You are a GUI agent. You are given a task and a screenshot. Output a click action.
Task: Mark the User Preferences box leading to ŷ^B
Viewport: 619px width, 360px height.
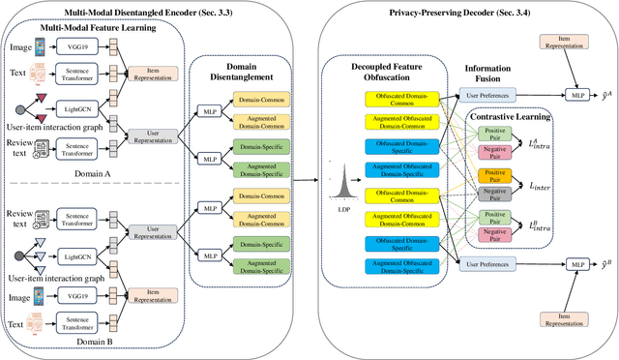click(487, 263)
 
